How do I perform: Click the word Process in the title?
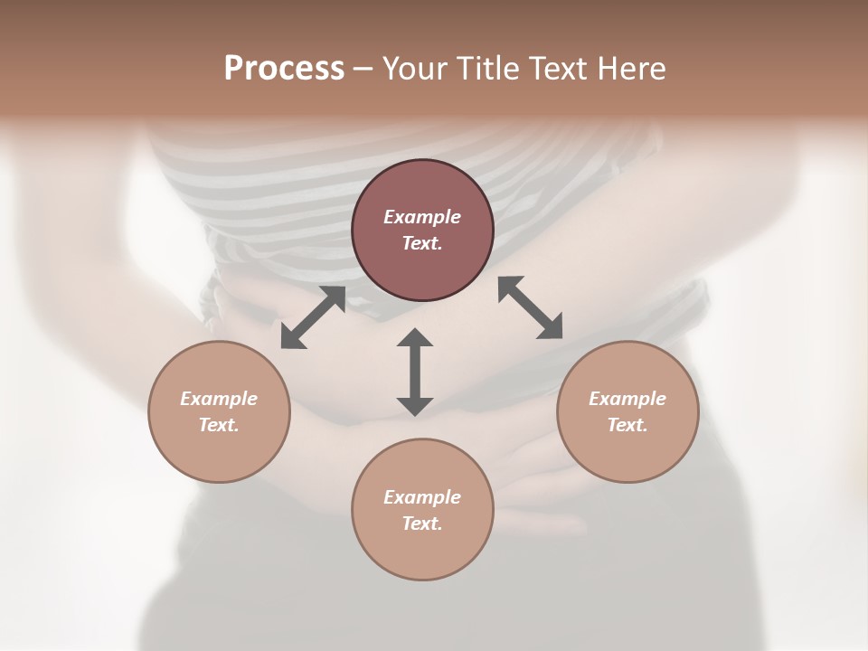pos(284,69)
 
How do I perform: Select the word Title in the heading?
pos(489,69)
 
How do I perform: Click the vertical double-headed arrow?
pos(415,372)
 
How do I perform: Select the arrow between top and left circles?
pos(313,317)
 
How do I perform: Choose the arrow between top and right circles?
pos(530,307)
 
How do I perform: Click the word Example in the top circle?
pos(422,217)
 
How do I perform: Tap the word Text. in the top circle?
pos(422,243)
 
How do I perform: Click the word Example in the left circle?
pos(219,399)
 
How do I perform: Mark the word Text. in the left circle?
pos(219,425)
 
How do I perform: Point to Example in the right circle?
pos(627,399)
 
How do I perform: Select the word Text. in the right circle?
pos(627,425)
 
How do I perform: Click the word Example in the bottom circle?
pos(422,497)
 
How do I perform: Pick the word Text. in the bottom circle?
pos(422,524)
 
